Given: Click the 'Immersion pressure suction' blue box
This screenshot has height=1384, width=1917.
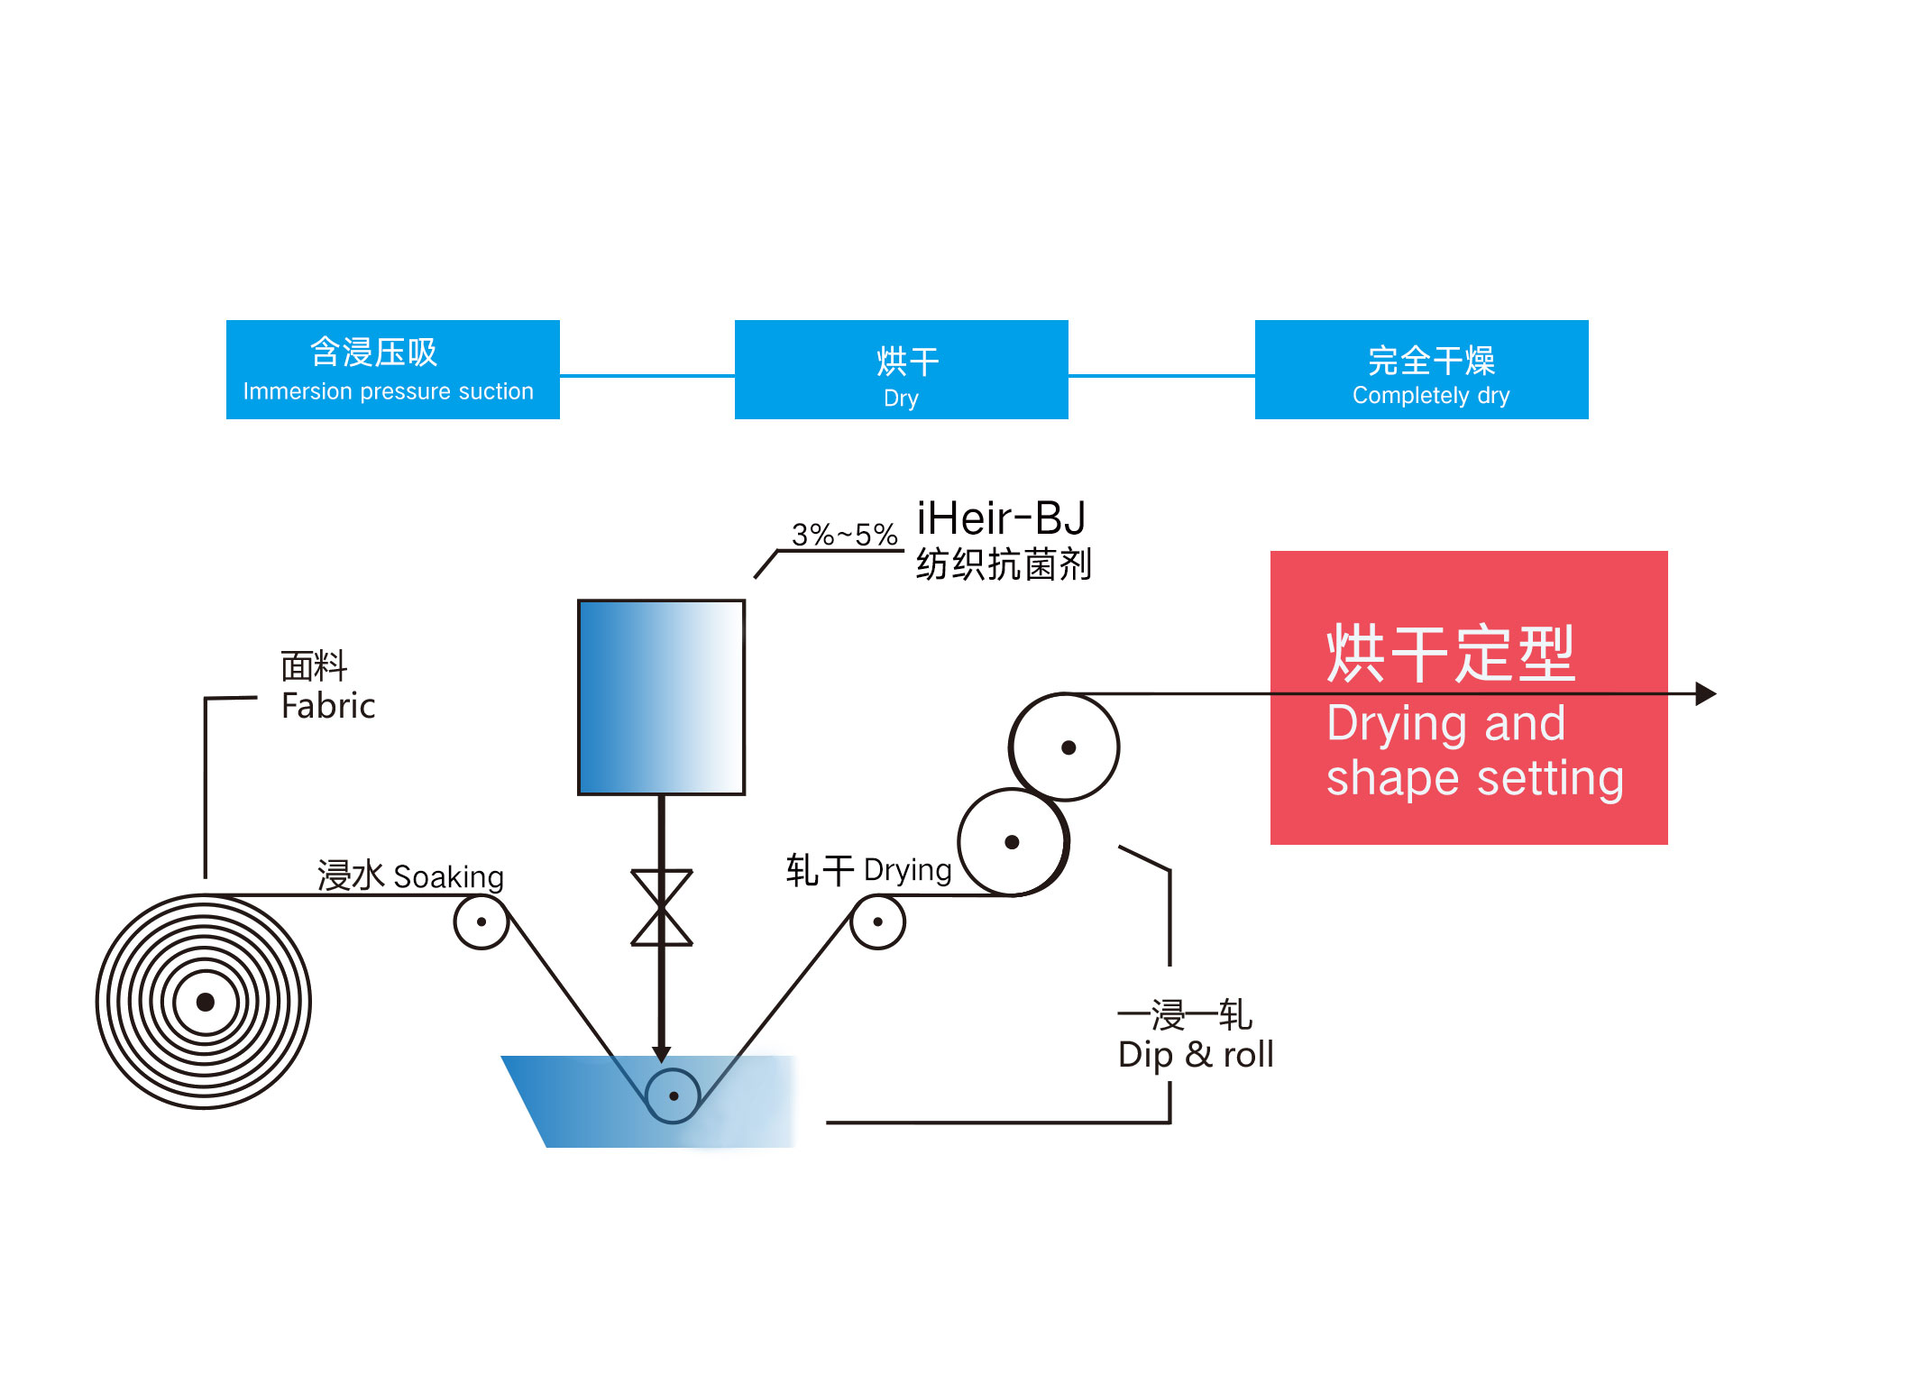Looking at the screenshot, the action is click(392, 369).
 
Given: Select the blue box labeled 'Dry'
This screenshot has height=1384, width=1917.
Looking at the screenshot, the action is click(901, 369).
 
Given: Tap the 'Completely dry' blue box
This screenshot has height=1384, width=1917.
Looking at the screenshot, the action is click(1421, 369).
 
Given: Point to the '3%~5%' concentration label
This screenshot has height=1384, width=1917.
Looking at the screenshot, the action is click(844, 534).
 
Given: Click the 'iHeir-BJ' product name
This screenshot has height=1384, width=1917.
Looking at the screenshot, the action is click(1001, 518).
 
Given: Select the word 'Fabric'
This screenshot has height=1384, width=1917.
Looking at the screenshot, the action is click(328, 705).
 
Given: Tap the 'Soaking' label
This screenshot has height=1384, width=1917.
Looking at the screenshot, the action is click(448, 876).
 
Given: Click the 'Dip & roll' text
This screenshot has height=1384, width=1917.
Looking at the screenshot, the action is click(1196, 1054).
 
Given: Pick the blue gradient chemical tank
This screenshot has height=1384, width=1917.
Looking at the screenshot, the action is click(661, 697).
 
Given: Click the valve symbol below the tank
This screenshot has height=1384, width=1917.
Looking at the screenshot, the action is click(662, 907).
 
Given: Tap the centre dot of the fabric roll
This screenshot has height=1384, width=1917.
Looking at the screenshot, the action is click(206, 1002).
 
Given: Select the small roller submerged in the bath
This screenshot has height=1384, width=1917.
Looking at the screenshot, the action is click(674, 1095).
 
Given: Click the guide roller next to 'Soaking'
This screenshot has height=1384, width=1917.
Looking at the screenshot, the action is click(482, 921).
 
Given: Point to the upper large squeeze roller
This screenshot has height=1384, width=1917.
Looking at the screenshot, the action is click(1065, 747).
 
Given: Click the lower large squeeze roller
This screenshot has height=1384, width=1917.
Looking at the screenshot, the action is click(1014, 842).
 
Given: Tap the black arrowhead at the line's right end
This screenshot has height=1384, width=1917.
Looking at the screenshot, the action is click(1706, 693).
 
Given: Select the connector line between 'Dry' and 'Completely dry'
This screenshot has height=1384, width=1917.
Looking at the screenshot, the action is click(1161, 375).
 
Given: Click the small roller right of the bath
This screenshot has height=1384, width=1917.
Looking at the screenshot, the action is click(877, 921).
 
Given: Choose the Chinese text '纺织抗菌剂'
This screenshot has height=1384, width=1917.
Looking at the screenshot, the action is click(1004, 564).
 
